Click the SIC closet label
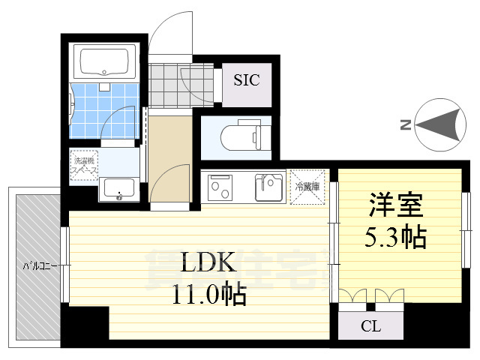[246, 80]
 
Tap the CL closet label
[370, 327]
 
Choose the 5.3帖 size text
[396, 238]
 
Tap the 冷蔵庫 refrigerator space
[307, 187]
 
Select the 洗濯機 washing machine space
[84, 164]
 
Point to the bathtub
[104, 61]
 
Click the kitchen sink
[268, 187]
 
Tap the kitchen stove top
[222, 187]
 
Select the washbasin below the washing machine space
[117, 190]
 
